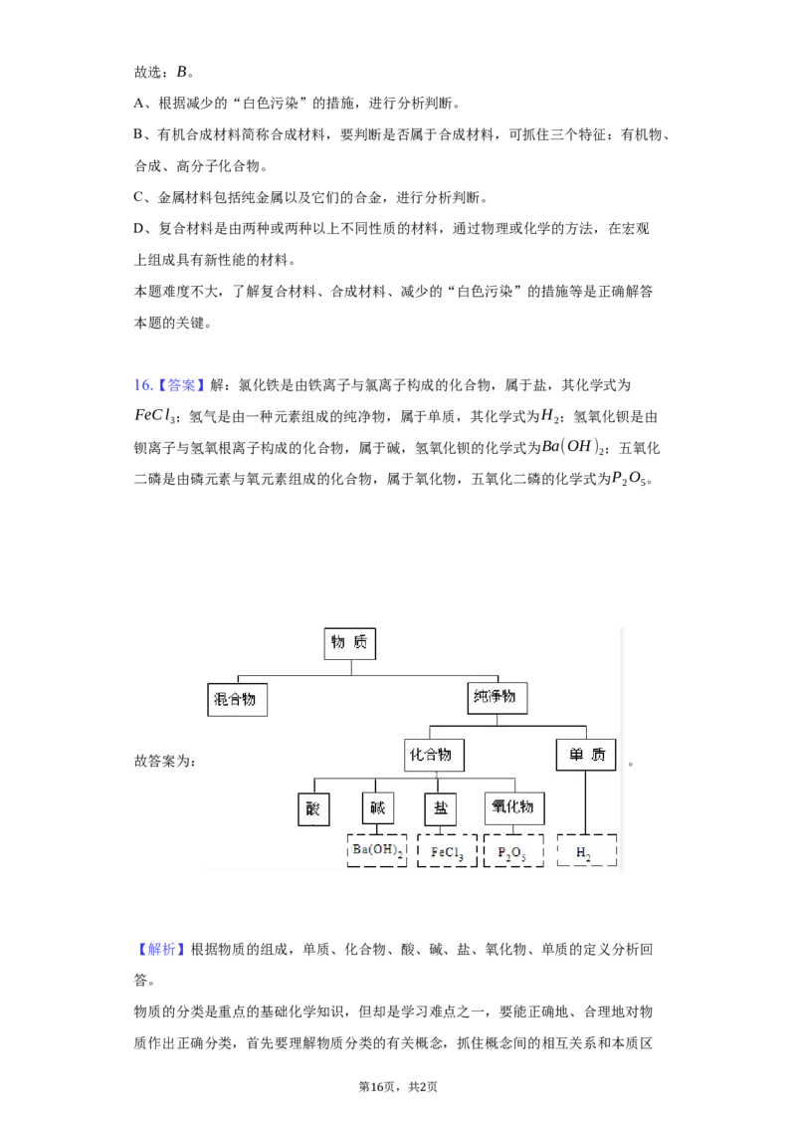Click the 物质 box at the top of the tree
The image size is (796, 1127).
350,643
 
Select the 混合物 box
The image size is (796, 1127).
238,699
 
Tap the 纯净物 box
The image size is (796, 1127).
497,697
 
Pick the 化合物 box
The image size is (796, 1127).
435,755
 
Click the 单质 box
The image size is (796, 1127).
585,755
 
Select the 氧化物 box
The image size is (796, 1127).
513,807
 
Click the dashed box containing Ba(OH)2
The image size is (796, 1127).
377,851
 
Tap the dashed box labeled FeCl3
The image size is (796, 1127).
447,851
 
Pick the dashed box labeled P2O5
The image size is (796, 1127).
513,851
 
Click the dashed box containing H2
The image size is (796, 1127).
586,851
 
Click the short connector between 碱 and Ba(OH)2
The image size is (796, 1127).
377,829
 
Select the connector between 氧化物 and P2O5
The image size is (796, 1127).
513,829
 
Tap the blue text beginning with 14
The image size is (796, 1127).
169,385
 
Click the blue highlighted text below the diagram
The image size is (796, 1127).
162,950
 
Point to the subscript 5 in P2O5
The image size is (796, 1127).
523,856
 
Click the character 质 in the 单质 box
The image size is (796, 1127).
597,755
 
